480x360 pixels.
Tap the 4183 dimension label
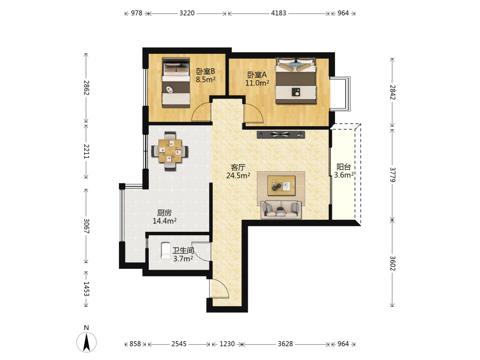pos(278,13)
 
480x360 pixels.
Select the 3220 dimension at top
pos(187,13)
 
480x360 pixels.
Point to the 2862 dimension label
pos(86,87)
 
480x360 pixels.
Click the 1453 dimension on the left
pos(86,289)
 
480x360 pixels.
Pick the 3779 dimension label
pos(393,175)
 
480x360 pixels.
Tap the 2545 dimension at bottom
pos(179,344)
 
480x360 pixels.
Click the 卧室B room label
pos(205,72)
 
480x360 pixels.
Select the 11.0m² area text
pos(257,83)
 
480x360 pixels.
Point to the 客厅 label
pos(238,167)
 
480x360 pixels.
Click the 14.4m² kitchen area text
pos(164,221)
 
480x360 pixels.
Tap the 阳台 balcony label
pos(344,167)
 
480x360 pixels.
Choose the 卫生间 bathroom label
pos(183,251)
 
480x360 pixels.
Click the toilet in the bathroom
pos(166,251)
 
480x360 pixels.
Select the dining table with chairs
pos(169,151)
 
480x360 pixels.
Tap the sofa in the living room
pos(281,210)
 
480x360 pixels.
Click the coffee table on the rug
pos(281,185)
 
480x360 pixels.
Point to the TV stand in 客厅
pos(281,134)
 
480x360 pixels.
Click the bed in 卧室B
pos(176,83)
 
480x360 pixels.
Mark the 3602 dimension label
pos(393,263)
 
